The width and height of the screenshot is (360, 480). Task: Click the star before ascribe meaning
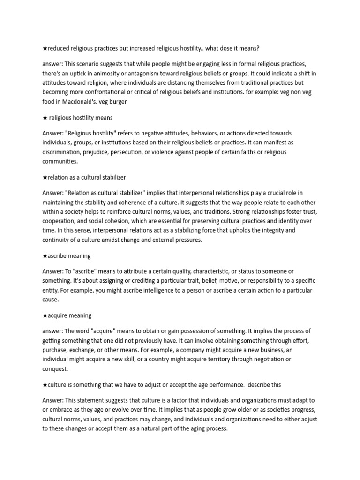45,255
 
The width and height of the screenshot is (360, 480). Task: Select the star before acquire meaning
45,315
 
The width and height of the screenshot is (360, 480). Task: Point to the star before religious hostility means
45,117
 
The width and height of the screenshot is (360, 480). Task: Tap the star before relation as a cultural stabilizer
45,177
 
